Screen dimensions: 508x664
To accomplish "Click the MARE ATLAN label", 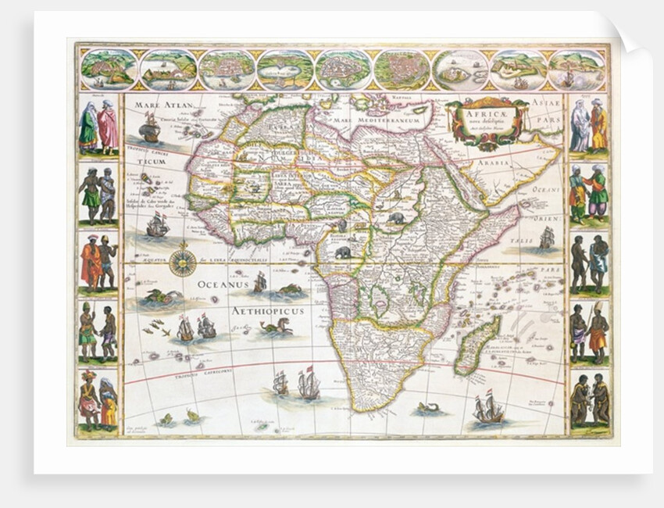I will click(x=159, y=103).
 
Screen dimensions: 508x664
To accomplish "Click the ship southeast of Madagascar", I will click(x=489, y=409).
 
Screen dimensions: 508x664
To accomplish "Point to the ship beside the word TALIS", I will click(x=546, y=237).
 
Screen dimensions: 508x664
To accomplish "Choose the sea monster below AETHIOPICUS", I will click(x=277, y=327).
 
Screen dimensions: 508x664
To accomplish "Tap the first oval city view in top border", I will click(x=109, y=70).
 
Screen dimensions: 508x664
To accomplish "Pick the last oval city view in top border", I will click(x=576, y=70).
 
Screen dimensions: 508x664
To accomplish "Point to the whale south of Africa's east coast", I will click(x=427, y=407).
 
